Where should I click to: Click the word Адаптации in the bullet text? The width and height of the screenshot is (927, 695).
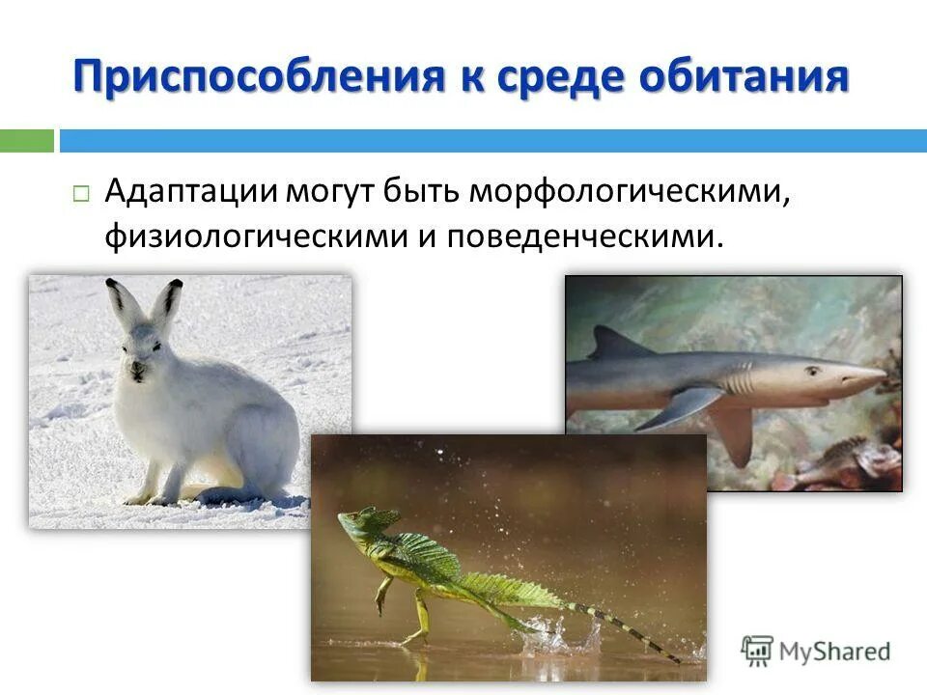coord(190,190)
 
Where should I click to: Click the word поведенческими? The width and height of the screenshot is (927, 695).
coord(584,236)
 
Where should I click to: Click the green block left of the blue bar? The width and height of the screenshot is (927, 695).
coord(26,141)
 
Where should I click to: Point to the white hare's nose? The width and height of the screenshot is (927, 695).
coord(136,368)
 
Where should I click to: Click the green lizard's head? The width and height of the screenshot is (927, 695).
coord(359,523)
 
